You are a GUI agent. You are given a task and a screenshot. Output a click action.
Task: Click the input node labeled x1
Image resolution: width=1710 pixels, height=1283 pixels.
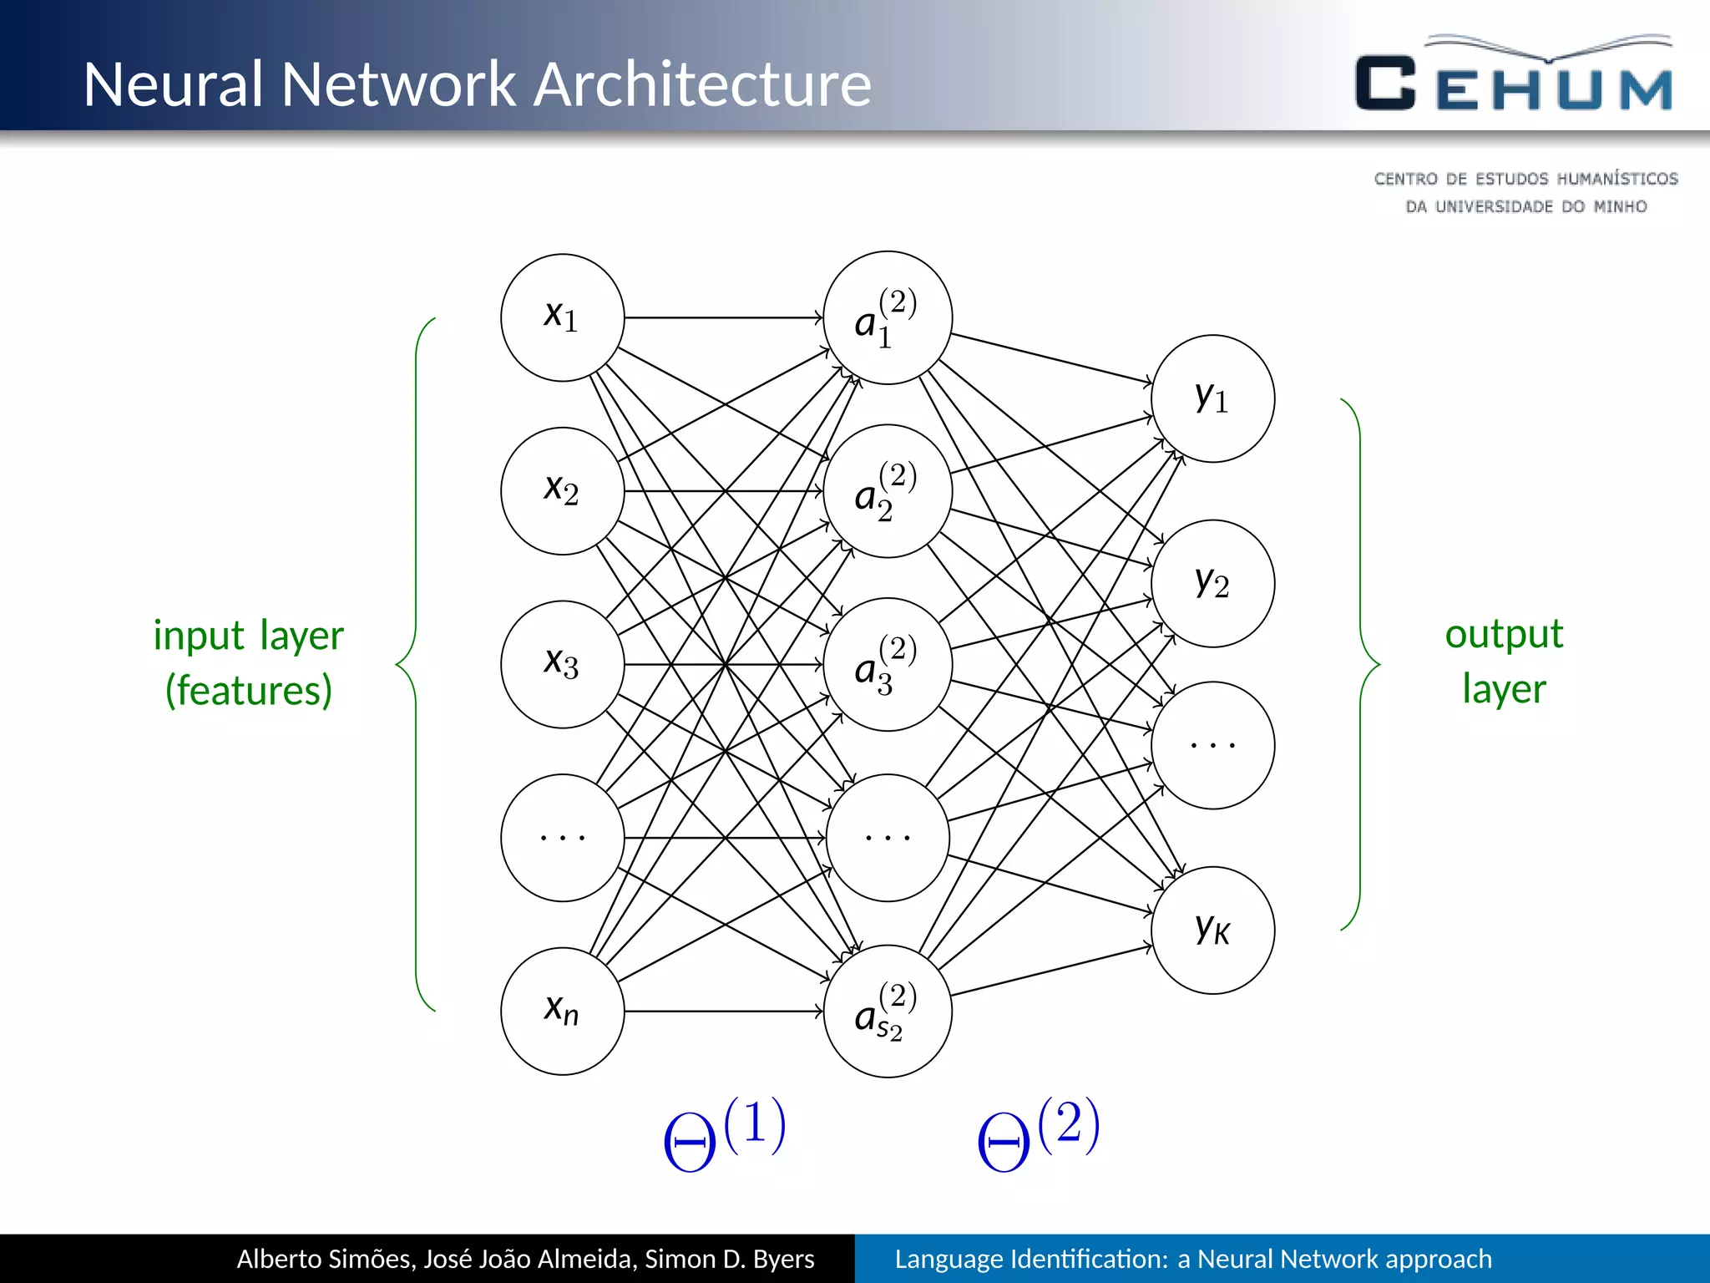(562, 317)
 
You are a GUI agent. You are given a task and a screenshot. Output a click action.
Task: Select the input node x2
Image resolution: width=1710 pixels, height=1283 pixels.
(562, 491)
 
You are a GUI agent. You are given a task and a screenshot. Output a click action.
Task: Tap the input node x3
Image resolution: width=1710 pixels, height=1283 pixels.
(562, 664)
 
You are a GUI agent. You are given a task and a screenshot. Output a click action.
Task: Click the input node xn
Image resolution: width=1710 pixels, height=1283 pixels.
(562, 1011)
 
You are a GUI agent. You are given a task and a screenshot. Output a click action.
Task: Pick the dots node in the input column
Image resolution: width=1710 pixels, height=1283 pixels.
(562, 837)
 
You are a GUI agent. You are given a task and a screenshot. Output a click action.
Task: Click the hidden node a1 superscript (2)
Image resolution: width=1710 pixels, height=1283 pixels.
(888, 317)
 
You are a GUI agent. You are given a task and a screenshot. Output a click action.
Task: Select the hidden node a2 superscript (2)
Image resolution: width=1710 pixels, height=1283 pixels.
(888, 491)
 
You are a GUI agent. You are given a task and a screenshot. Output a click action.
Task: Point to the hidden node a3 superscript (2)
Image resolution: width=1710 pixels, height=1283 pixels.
(888, 664)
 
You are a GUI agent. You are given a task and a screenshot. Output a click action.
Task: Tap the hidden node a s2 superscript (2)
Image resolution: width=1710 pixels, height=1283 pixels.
(888, 1011)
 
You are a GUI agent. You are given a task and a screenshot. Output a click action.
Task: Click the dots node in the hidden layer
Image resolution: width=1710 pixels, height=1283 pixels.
(888, 837)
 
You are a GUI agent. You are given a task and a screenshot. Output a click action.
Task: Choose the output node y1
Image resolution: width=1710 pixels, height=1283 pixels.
(1212, 398)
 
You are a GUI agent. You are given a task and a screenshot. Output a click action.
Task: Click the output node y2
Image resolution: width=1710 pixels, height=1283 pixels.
(1212, 583)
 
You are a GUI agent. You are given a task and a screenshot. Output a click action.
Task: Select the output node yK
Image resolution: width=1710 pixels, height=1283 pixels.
(1212, 930)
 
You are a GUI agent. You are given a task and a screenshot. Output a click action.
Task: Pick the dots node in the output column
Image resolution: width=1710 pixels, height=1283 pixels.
(1212, 744)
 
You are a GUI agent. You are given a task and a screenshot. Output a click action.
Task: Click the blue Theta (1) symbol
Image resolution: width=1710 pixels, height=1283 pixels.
(723, 1134)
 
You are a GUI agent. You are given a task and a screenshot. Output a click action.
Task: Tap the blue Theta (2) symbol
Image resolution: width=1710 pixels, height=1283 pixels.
(1037, 1134)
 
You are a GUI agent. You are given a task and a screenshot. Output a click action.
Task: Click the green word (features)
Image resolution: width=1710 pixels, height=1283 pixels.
(249, 690)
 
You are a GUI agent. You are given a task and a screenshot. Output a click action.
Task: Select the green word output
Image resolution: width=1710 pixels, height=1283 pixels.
(1504, 634)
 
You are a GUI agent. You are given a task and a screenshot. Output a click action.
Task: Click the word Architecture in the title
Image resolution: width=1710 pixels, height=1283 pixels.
(701, 84)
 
